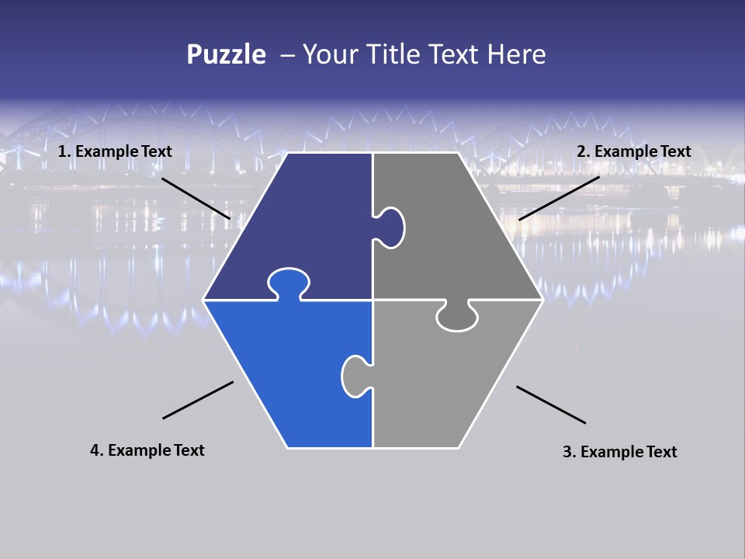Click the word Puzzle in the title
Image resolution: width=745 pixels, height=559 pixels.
226,55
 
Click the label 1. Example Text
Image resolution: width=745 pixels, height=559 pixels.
115,151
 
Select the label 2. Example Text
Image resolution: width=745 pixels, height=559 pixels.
633,151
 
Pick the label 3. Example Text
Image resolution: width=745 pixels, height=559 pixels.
619,452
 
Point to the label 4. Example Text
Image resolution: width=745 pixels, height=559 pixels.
147,450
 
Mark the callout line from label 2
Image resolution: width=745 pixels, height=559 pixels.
559,198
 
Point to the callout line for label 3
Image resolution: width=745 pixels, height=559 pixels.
551,404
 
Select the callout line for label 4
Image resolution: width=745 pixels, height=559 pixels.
198,400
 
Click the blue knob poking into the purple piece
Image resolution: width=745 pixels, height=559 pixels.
288,281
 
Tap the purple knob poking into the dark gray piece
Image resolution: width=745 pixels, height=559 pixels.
390,227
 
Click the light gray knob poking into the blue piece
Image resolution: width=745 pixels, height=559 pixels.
355,376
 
